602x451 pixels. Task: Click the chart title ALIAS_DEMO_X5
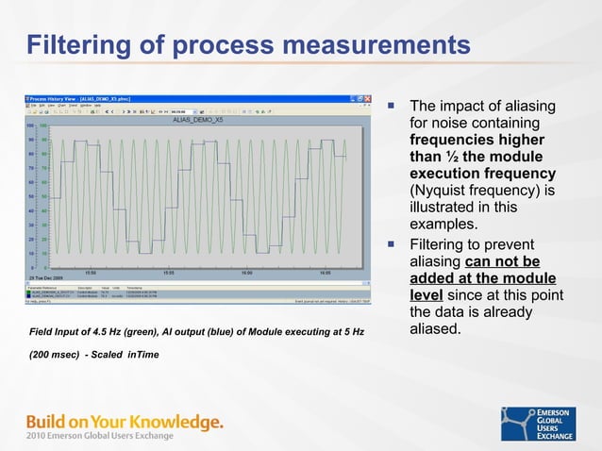tap(198, 120)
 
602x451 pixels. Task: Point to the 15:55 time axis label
tap(168, 274)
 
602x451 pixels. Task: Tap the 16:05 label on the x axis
tap(324, 274)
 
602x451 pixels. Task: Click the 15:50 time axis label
tap(91, 274)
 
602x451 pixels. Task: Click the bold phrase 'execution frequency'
tap(482, 175)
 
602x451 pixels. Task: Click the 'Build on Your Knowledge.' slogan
tap(125, 421)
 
